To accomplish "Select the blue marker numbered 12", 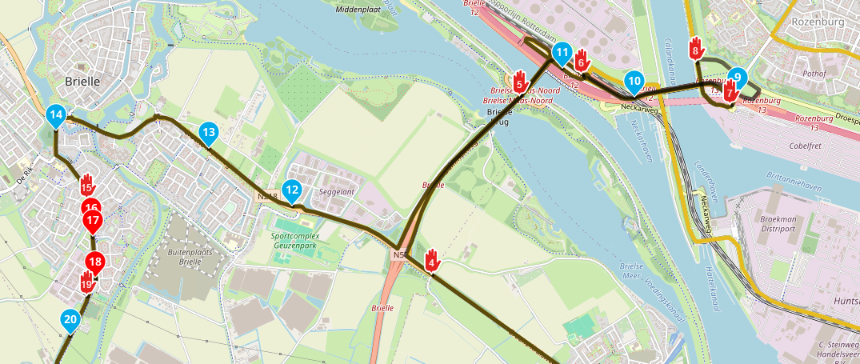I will pyautogui.click(x=292, y=191).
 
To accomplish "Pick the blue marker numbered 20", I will pyautogui.click(x=70, y=321).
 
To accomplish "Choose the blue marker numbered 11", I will pyautogui.click(x=562, y=54).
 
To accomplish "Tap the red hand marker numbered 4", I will pyautogui.click(x=432, y=260).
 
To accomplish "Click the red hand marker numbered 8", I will pyautogui.click(x=696, y=49).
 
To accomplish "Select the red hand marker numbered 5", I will pyautogui.click(x=519, y=80).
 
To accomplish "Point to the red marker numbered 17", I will pyautogui.click(x=93, y=221).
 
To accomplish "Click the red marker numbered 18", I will pyautogui.click(x=95, y=262).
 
